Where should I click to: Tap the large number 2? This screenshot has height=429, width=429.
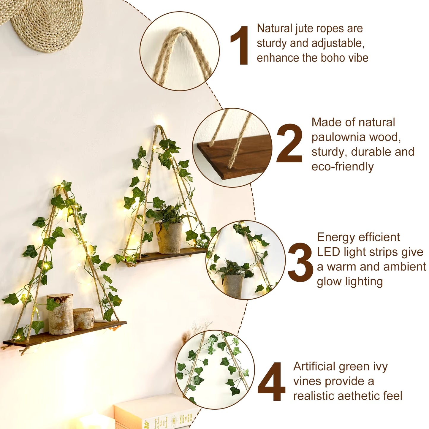(x=289, y=143)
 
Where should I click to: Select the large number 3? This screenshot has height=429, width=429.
(x=300, y=260)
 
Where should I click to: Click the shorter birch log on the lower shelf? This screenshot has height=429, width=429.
(x=84, y=319)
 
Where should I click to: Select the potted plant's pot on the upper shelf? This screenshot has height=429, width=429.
(x=169, y=238)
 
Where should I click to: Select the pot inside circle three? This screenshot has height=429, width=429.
(x=233, y=286)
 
